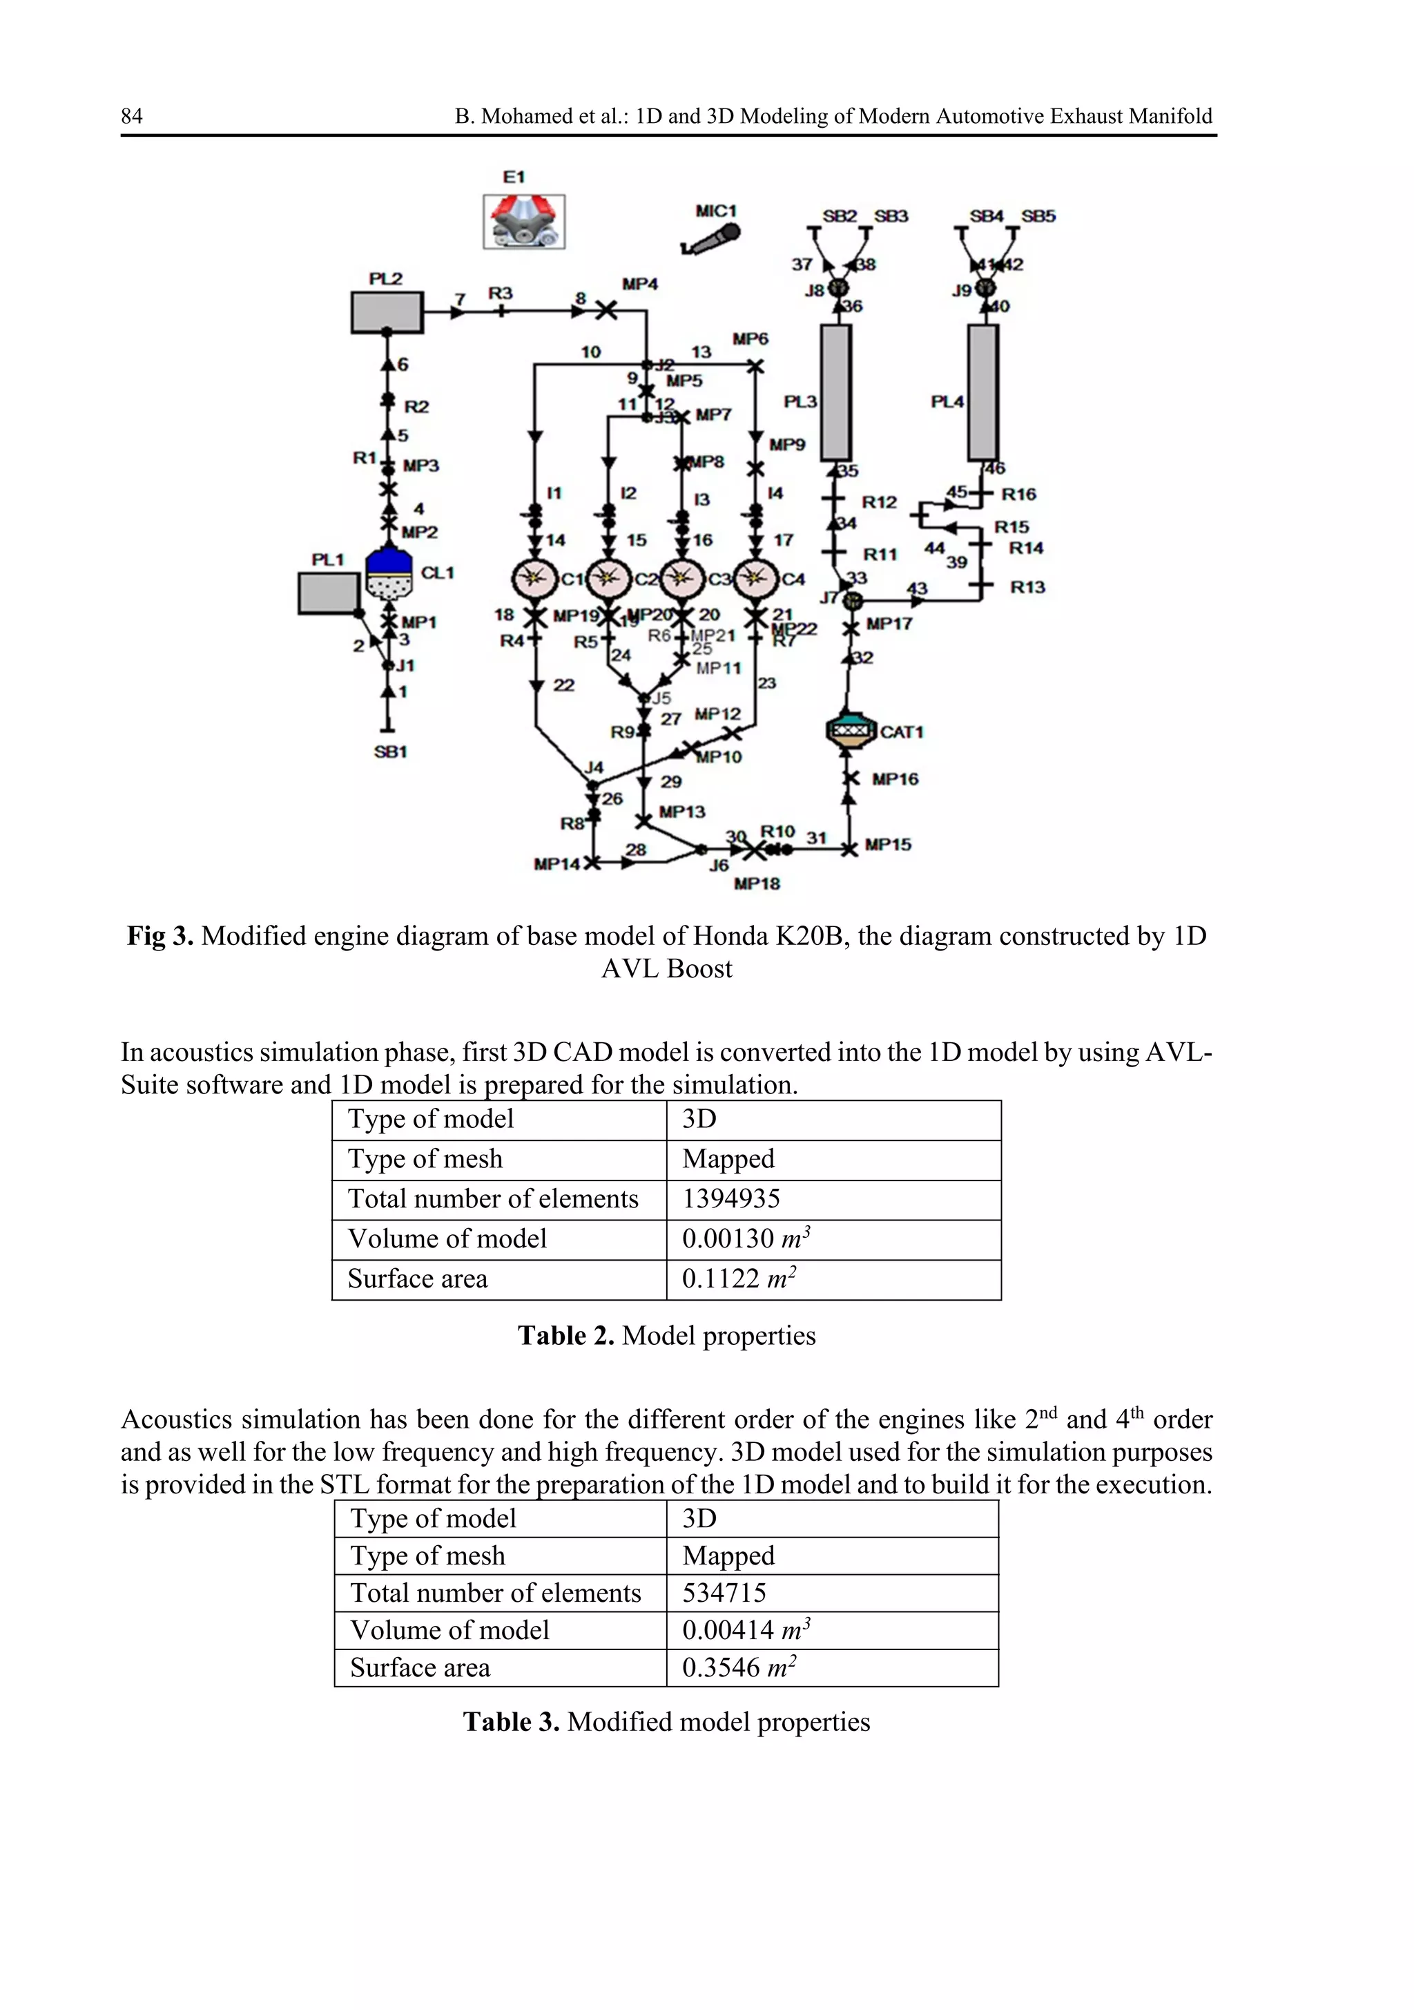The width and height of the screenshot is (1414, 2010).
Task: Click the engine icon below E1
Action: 523,222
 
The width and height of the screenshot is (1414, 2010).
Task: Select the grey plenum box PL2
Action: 387,312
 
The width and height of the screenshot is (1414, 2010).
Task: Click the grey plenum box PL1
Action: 328,593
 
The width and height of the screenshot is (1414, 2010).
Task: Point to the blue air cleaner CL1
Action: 387,573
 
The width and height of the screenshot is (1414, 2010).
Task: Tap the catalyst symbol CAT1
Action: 850,731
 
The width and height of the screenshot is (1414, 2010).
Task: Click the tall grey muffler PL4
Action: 983,392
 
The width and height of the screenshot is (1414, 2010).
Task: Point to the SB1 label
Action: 390,751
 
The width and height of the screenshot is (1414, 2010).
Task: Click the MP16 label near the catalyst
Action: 894,779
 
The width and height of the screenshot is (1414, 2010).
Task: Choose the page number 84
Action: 131,117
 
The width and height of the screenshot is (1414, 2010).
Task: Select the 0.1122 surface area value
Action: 720,1279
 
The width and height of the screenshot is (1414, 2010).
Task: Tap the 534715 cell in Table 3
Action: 724,1592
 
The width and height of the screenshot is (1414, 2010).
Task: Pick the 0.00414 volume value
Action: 728,1630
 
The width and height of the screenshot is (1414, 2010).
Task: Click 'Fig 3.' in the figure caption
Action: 160,936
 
